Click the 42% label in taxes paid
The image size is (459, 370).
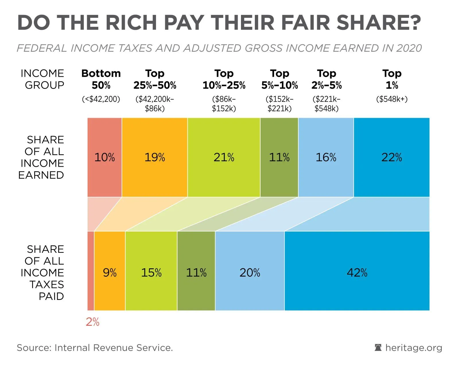tap(357, 272)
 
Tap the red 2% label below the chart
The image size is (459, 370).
tap(92, 322)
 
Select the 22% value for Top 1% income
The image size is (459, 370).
tap(392, 157)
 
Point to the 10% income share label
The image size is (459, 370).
tap(104, 157)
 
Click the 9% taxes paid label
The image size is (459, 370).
tap(110, 272)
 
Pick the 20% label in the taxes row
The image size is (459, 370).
tap(250, 272)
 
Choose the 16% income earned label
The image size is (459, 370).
tap(326, 157)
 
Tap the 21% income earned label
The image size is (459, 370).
tap(224, 157)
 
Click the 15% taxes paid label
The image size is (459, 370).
tap(151, 272)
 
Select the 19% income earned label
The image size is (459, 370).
tap(155, 157)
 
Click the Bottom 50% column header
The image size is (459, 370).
tap(101, 79)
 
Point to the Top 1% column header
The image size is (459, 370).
tap(392, 79)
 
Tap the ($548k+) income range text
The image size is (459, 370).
tap(392, 99)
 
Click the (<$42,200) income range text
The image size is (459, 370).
tap(101, 99)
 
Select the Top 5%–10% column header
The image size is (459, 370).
tap(280, 79)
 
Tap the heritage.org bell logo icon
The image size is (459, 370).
tap(378, 348)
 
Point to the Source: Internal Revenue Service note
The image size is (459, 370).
tap(95, 348)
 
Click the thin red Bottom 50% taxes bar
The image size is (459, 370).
tap(91, 271)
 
